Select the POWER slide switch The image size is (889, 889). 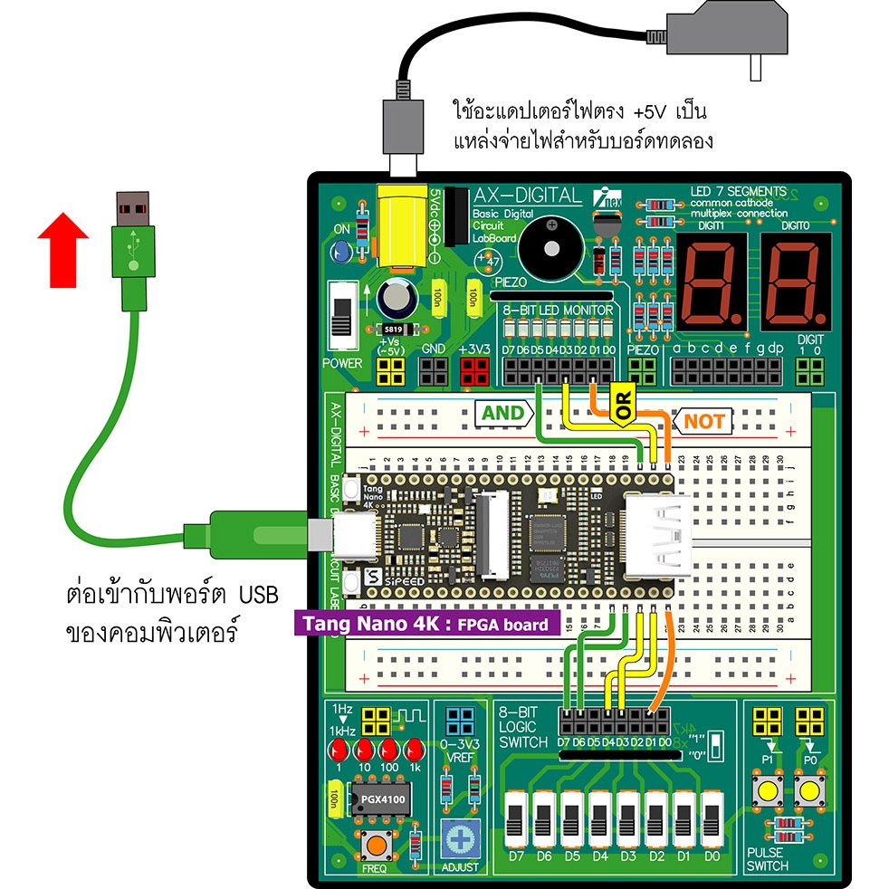coord(342,318)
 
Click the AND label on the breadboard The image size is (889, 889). coord(502,414)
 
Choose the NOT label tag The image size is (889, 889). coord(703,421)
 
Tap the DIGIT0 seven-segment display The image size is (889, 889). coord(794,282)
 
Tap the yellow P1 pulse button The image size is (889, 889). coord(769,792)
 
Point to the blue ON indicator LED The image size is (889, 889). coord(341,251)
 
